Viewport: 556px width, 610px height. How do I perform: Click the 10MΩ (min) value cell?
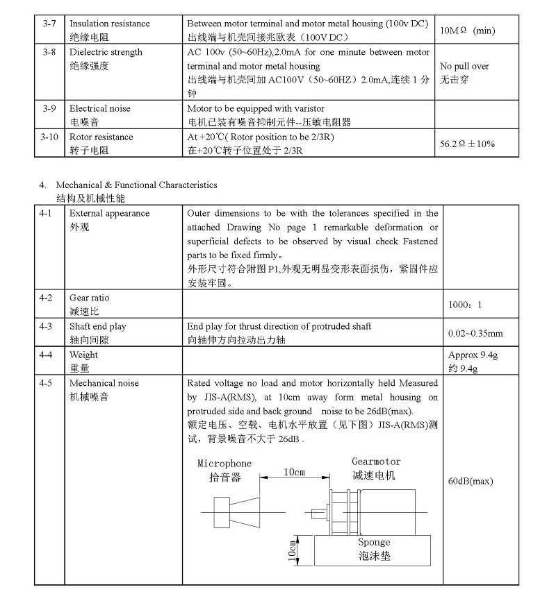pyautogui.click(x=468, y=31)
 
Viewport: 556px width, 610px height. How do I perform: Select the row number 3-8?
pyautogui.click(x=49, y=52)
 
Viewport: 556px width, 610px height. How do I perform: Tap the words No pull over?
pyautogui.click(x=465, y=66)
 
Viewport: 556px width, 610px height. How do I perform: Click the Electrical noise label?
pyautogui.click(x=99, y=108)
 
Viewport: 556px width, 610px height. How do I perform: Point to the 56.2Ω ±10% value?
pyautogui.click(x=467, y=144)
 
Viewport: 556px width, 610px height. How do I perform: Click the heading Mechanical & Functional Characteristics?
pyautogui.click(x=136, y=185)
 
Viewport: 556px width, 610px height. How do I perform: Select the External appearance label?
pyautogui.click(x=109, y=213)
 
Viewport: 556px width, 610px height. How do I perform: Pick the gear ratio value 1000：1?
pyautogui.click(x=465, y=305)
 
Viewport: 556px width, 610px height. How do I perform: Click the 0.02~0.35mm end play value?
pyautogui.click(x=475, y=333)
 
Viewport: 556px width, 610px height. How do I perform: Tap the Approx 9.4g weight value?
pyautogui.click(x=473, y=355)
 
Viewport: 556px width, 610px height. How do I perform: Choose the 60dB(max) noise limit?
pyautogui.click(x=471, y=481)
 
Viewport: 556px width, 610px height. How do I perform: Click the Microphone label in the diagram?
pyautogui.click(x=224, y=464)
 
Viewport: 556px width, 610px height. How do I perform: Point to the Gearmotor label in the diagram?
pyautogui.click(x=376, y=461)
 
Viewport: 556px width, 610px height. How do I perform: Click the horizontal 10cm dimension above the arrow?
pyautogui.click(x=294, y=472)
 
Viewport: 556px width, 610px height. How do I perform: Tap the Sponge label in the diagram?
pyautogui.click(x=374, y=542)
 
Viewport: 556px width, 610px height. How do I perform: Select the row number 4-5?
pyautogui.click(x=49, y=383)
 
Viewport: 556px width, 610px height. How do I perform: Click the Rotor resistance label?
pyautogui.click(x=101, y=137)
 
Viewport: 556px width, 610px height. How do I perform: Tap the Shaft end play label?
pyautogui.click(x=97, y=326)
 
